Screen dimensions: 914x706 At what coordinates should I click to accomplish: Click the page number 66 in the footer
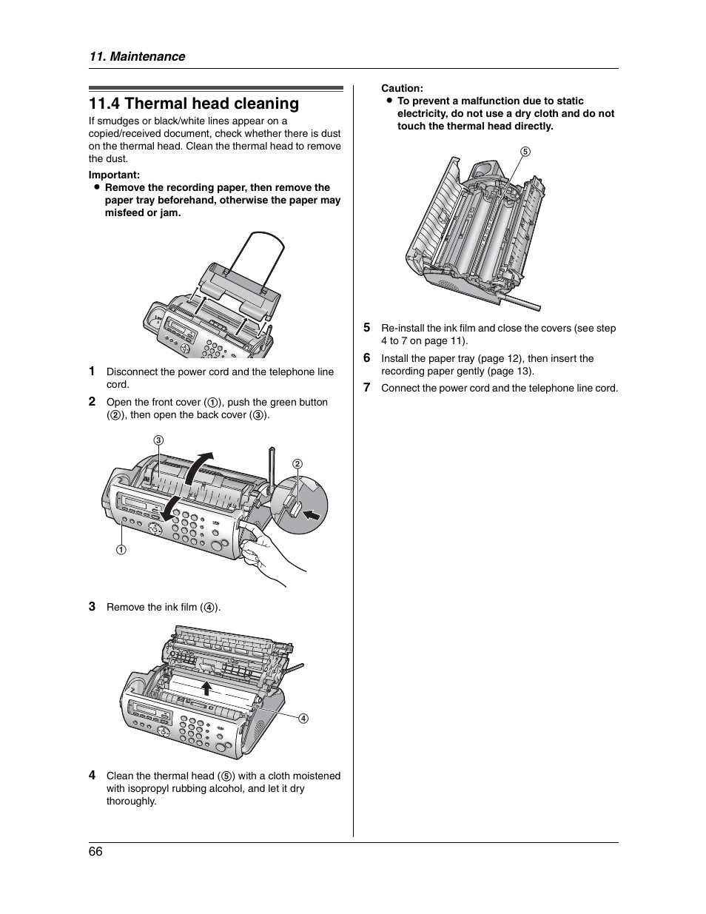pyautogui.click(x=95, y=851)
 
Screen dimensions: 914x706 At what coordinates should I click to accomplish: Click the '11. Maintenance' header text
pyautogui.click(x=137, y=56)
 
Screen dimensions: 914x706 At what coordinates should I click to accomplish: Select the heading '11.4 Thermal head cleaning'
pyautogui.click(x=194, y=104)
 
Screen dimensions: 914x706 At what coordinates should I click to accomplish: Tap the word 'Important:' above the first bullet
pyautogui.click(x=114, y=175)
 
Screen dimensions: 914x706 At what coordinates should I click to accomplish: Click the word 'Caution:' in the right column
pyautogui.click(x=402, y=88)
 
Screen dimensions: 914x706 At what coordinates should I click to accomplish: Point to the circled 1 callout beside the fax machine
pyautogui.click(x=120, y=550)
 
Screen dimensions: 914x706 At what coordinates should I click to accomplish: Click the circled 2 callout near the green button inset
pyautogui.click(x=297, y=464)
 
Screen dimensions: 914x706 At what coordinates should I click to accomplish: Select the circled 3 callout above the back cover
pyautogui.click(x=158, y=440)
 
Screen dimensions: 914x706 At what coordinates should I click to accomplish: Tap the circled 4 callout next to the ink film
pyautogui.click(x=303, y=718)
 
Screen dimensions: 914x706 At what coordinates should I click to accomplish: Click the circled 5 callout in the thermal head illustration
pyautogui.click(x=525, y=151)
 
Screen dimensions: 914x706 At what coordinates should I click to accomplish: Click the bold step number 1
pyautogui.click(x=93, y=371)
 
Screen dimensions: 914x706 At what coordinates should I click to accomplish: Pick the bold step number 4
pyautogui.click(x=93, y=775)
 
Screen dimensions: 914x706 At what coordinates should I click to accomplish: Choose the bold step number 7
pyautogui.click(x=366, y=387)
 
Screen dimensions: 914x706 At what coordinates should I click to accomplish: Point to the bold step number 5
pyautogui.click(x=366, y=327)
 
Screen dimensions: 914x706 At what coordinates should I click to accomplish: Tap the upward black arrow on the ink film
pyautogui.click(x=208, y=688)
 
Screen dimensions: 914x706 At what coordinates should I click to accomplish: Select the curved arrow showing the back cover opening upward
pyautogui.click(x=198, y=467)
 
